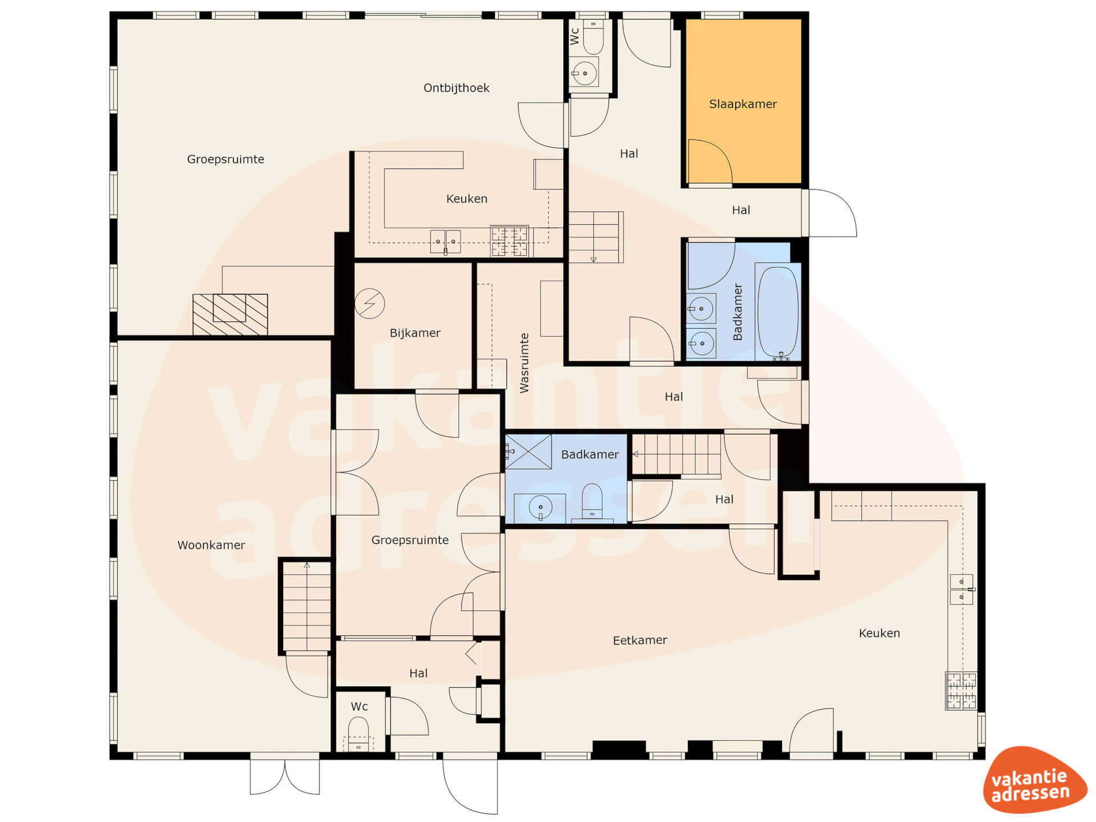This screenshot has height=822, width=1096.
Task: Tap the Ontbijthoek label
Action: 456,88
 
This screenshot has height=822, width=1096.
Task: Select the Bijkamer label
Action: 415,333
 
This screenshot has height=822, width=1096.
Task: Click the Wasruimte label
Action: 524,363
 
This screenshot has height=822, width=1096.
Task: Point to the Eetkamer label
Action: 639,640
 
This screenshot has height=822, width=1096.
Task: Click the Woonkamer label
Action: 211,545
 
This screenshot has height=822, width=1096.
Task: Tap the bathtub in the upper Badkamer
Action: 777,312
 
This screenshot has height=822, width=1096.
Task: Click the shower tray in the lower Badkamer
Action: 529,452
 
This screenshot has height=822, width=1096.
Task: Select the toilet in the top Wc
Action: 593,37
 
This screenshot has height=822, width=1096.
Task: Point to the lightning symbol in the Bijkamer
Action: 369,303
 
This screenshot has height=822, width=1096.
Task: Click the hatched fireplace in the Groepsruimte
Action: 230,315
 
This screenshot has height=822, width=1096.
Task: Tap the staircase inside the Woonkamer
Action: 307,606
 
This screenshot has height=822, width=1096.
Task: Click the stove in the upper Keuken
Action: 509,241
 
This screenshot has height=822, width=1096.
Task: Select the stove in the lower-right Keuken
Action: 961,691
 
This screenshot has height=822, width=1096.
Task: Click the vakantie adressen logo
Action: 1034,780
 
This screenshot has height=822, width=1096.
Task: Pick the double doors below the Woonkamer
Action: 285,777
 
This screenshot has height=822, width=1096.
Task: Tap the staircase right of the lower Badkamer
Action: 676,454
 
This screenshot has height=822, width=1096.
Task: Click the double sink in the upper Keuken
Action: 445,242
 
